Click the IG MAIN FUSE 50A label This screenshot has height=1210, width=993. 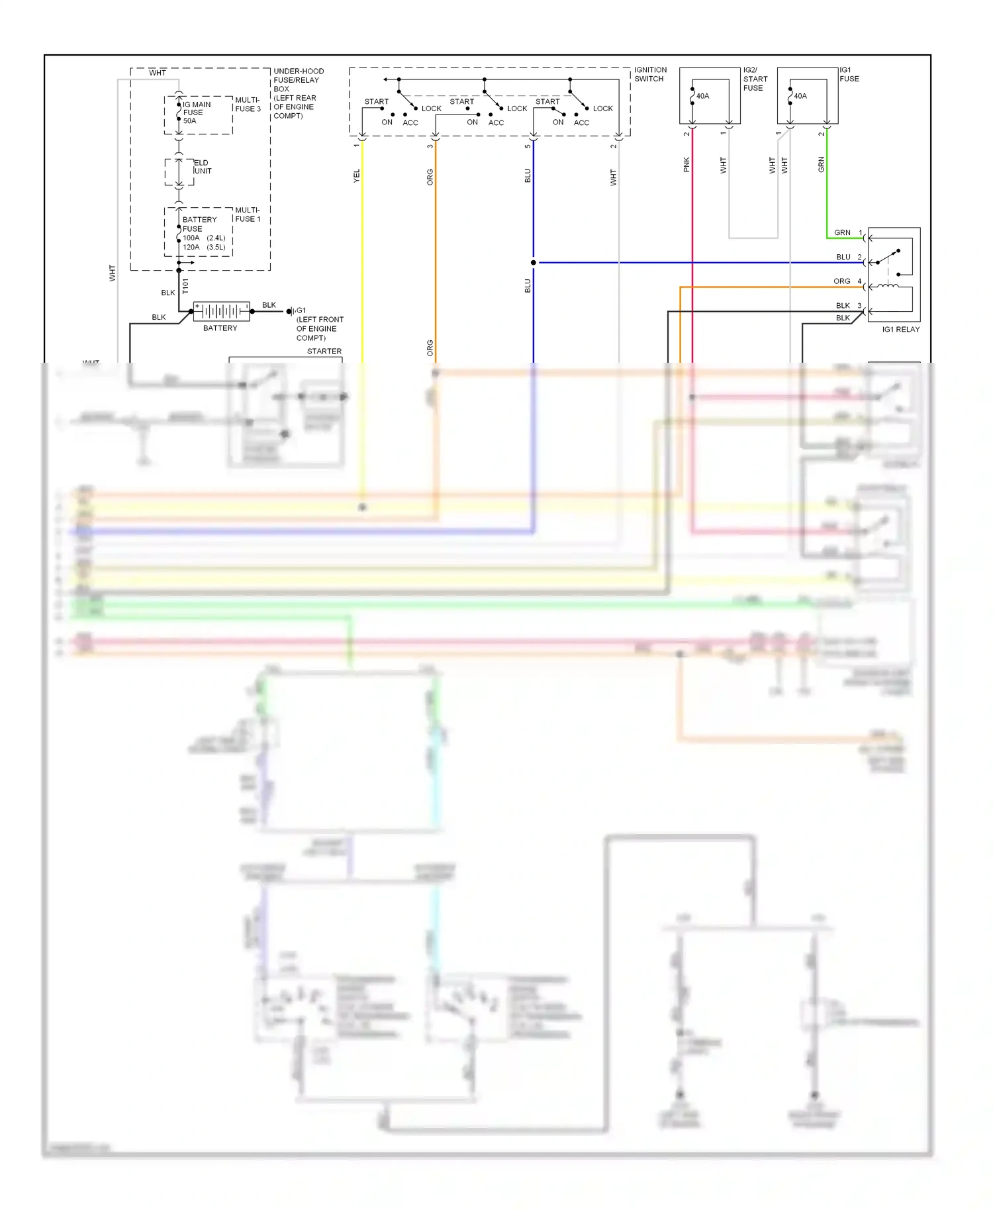(196, 113)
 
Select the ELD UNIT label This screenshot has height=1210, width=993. (202, 167)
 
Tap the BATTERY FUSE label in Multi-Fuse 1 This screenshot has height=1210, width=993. (199, 224)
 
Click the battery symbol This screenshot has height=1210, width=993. (221, 310)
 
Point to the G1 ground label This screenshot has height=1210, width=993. (301, 310)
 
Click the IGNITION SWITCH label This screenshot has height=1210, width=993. (650, 74)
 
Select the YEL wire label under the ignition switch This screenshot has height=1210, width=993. (357, 175)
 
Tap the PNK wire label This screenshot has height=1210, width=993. (686, 164)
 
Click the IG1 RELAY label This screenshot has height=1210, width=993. (900, 329)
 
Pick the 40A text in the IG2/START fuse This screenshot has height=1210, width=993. (702, 96)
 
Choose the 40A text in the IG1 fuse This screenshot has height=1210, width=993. (800, 96)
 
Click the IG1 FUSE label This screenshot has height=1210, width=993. (849, 74)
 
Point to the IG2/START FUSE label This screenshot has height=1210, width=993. (755, 79)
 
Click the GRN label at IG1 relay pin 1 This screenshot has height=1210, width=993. (842, 232)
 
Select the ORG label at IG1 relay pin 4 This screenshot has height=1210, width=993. (841, 281)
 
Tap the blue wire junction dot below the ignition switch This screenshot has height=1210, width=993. (534, 263)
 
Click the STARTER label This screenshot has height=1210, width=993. (324, 351)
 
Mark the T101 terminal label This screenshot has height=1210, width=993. (185, 286)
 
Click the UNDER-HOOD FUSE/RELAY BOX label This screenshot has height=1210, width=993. (298, 93)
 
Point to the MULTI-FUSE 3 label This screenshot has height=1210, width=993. (248, 105)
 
